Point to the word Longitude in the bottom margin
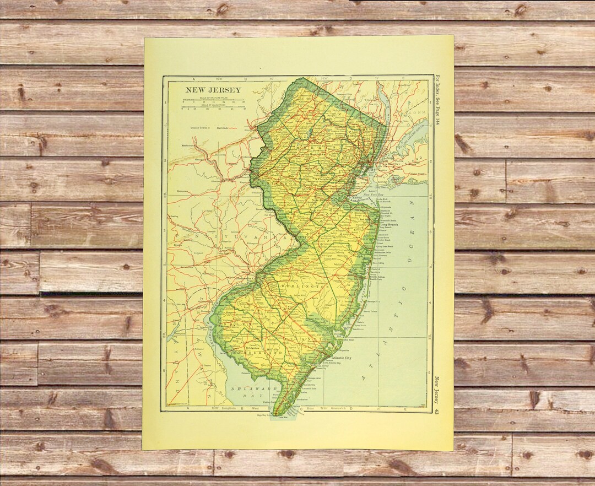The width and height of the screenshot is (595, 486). click(228, 408)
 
